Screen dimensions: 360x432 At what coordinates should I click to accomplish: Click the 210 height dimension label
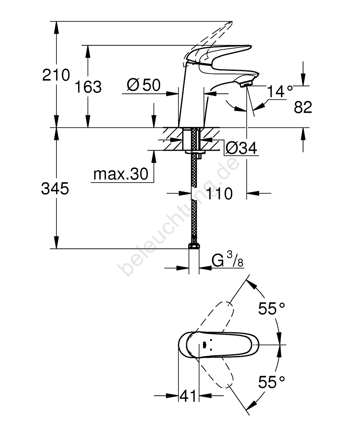pos(56,75)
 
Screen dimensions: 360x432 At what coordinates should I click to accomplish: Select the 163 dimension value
pos(88,87)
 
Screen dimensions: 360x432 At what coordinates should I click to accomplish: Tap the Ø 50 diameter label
pos(144,85)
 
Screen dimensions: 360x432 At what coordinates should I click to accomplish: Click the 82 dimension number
pos(303,107)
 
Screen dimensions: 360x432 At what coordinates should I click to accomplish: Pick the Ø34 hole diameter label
pos(241,148)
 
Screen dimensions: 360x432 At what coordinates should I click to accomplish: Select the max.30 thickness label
pos(121,174)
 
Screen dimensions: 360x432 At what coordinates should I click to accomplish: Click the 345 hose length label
pos(55,189)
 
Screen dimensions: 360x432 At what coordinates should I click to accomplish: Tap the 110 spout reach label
pos(219,194)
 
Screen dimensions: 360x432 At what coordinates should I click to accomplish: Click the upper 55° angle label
pos(272,308)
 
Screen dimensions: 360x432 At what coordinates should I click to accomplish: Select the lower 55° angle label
pos(272,382)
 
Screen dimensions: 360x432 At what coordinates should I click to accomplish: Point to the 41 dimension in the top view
pos(188,396)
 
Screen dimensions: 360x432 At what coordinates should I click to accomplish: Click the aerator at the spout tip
pos(246,84)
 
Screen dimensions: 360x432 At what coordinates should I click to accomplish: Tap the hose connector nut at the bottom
pos(194,246)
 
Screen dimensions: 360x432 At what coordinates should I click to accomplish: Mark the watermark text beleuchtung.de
pos(179,216)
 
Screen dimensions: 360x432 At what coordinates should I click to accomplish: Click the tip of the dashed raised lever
pos(232,22)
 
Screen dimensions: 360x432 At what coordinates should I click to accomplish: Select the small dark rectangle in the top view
pos(204,344)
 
